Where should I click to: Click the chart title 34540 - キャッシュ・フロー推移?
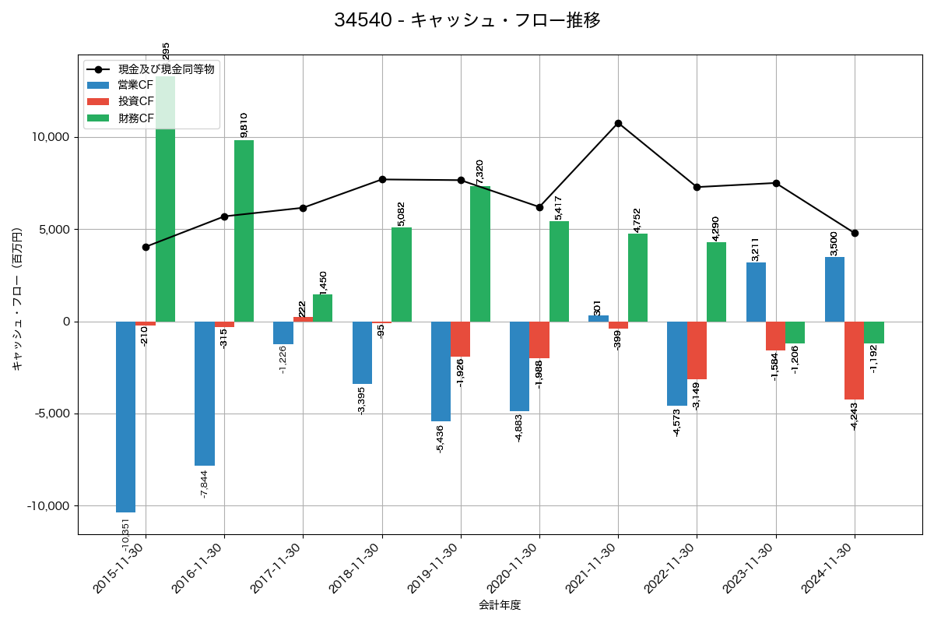click(467, 20)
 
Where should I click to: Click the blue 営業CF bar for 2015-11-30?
click(125, 417)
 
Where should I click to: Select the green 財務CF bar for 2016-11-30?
click(244, 231)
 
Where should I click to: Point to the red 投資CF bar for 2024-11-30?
click(854, 361)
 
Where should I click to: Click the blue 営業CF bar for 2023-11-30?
click(756, 292)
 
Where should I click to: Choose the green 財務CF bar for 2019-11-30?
click(480, 254)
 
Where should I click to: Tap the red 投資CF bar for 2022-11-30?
click(697, 350)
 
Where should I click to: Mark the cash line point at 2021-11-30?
click(618, 123)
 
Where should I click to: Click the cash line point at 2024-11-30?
click(855, 233)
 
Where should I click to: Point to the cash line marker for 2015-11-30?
click(146, 247)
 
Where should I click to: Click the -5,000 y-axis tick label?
click(51, 414)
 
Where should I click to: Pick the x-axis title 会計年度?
click(500, 605)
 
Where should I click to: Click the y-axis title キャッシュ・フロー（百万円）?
click(17, 299)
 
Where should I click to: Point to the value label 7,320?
click(480, 172)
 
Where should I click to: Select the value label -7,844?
click(205, 484)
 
